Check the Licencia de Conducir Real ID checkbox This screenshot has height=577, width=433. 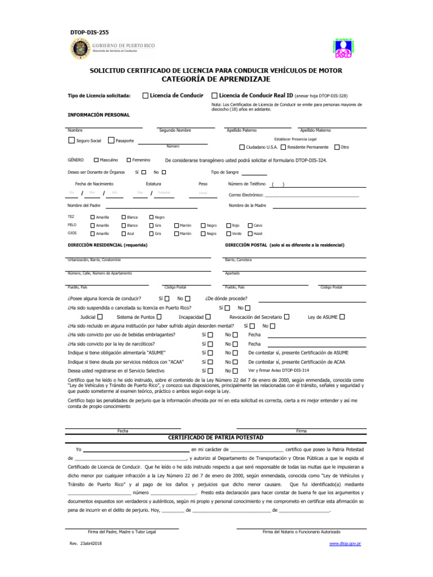pyautogui.click(x=214, y=95)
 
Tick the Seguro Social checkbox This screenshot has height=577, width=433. pyautogui.click(x=71, y=140)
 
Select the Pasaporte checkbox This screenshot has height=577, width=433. pyautogui.click(x=111, y=140)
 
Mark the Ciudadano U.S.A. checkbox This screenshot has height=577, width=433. pyautogui.click(x=242, y=147)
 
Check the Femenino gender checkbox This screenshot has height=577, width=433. pyautogui.click(x=129, y=160)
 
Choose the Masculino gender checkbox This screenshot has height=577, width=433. pyautogui.click(x=96, y=160)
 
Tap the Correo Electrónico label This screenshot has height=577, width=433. pyautogui.click(x=246, y=195)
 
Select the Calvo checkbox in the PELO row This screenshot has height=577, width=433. pyautogui.click(x=250, y=225)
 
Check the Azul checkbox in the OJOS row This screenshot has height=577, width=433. pyautogui.click(x=123, y=233)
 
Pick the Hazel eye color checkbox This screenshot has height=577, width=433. pyautogui.click(x=250, y=233)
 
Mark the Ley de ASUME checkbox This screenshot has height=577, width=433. pyautogui.click(x=342, y=317)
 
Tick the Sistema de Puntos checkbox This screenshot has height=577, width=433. pyautogui.click(x=158, y=317)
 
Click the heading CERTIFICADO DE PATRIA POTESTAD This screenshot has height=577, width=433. pyautogui.click(x=216, y=437)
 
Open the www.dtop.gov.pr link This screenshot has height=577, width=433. pyautogui.click(x=344, y=543)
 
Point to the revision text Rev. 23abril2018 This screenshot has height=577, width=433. pyautogui.click(x=86, y=543)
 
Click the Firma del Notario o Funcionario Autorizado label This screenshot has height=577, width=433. pyautogui.click(x=301, y=532)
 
